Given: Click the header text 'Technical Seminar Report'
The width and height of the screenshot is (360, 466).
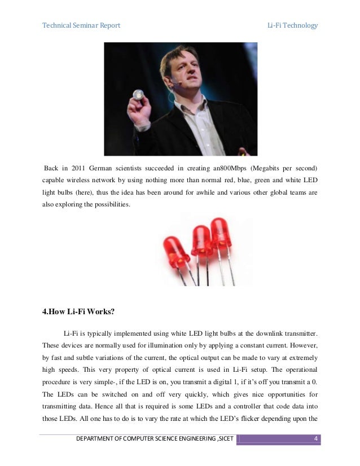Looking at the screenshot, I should (x=81, y=26).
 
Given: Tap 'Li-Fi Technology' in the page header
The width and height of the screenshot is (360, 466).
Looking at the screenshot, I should (x=292, y=26).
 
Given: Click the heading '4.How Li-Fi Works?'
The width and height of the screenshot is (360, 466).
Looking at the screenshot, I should (x=81, y=309).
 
